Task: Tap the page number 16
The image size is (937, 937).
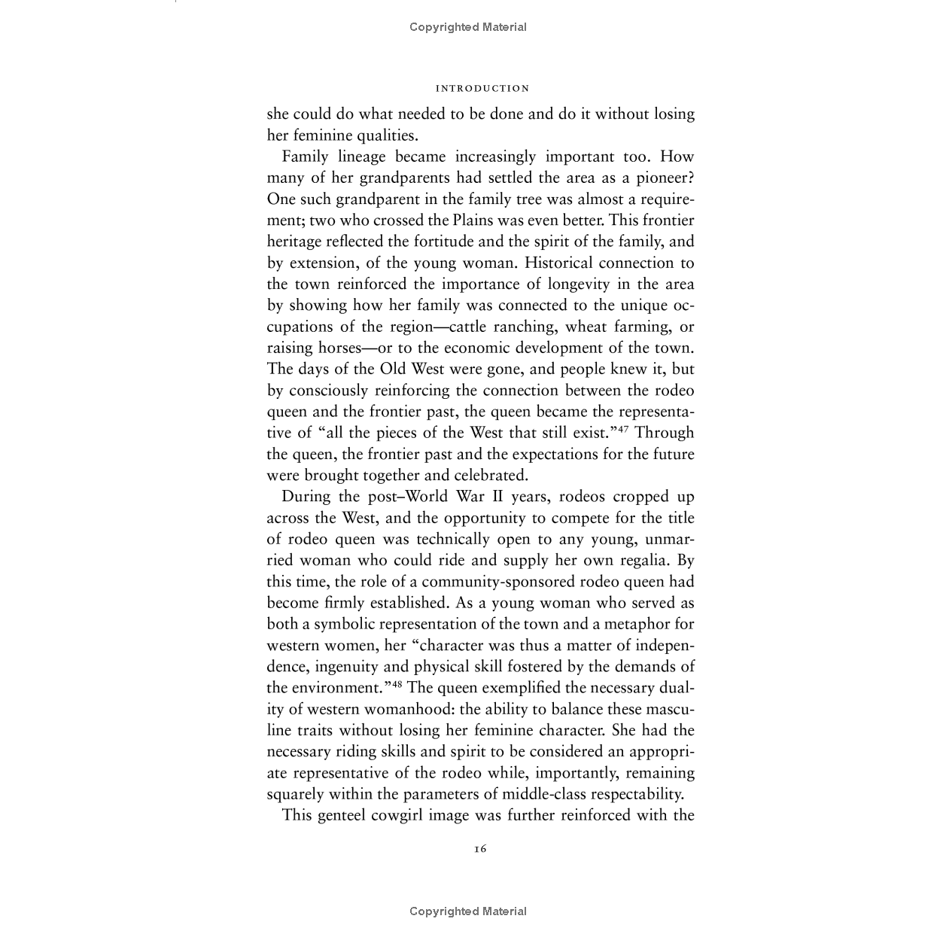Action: pyautogui.click(x=480, y=849)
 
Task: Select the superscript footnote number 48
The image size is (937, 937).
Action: pyautogui.click(x=397, y=683)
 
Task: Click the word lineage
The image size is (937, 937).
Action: pyautogui.click(x=359, y=157)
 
